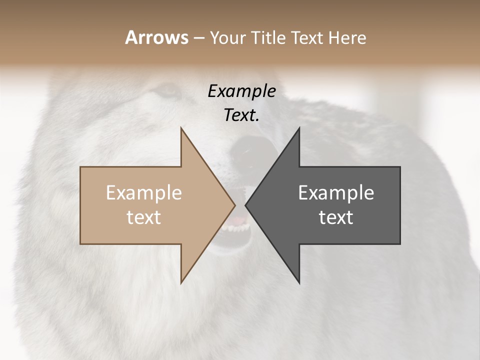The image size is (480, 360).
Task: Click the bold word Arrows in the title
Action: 156,37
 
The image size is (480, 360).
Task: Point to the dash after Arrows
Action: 198,38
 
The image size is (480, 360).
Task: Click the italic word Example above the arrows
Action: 241,91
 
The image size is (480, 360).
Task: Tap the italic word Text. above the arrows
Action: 241,115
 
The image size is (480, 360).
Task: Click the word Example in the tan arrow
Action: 143,193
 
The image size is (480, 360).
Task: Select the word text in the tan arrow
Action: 143,217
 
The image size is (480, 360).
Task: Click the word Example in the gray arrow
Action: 336,193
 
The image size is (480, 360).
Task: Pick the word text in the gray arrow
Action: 336,217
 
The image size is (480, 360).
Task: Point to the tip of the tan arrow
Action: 234,205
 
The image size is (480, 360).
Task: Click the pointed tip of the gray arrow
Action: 246,205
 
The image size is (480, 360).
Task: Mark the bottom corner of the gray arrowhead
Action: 299,282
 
